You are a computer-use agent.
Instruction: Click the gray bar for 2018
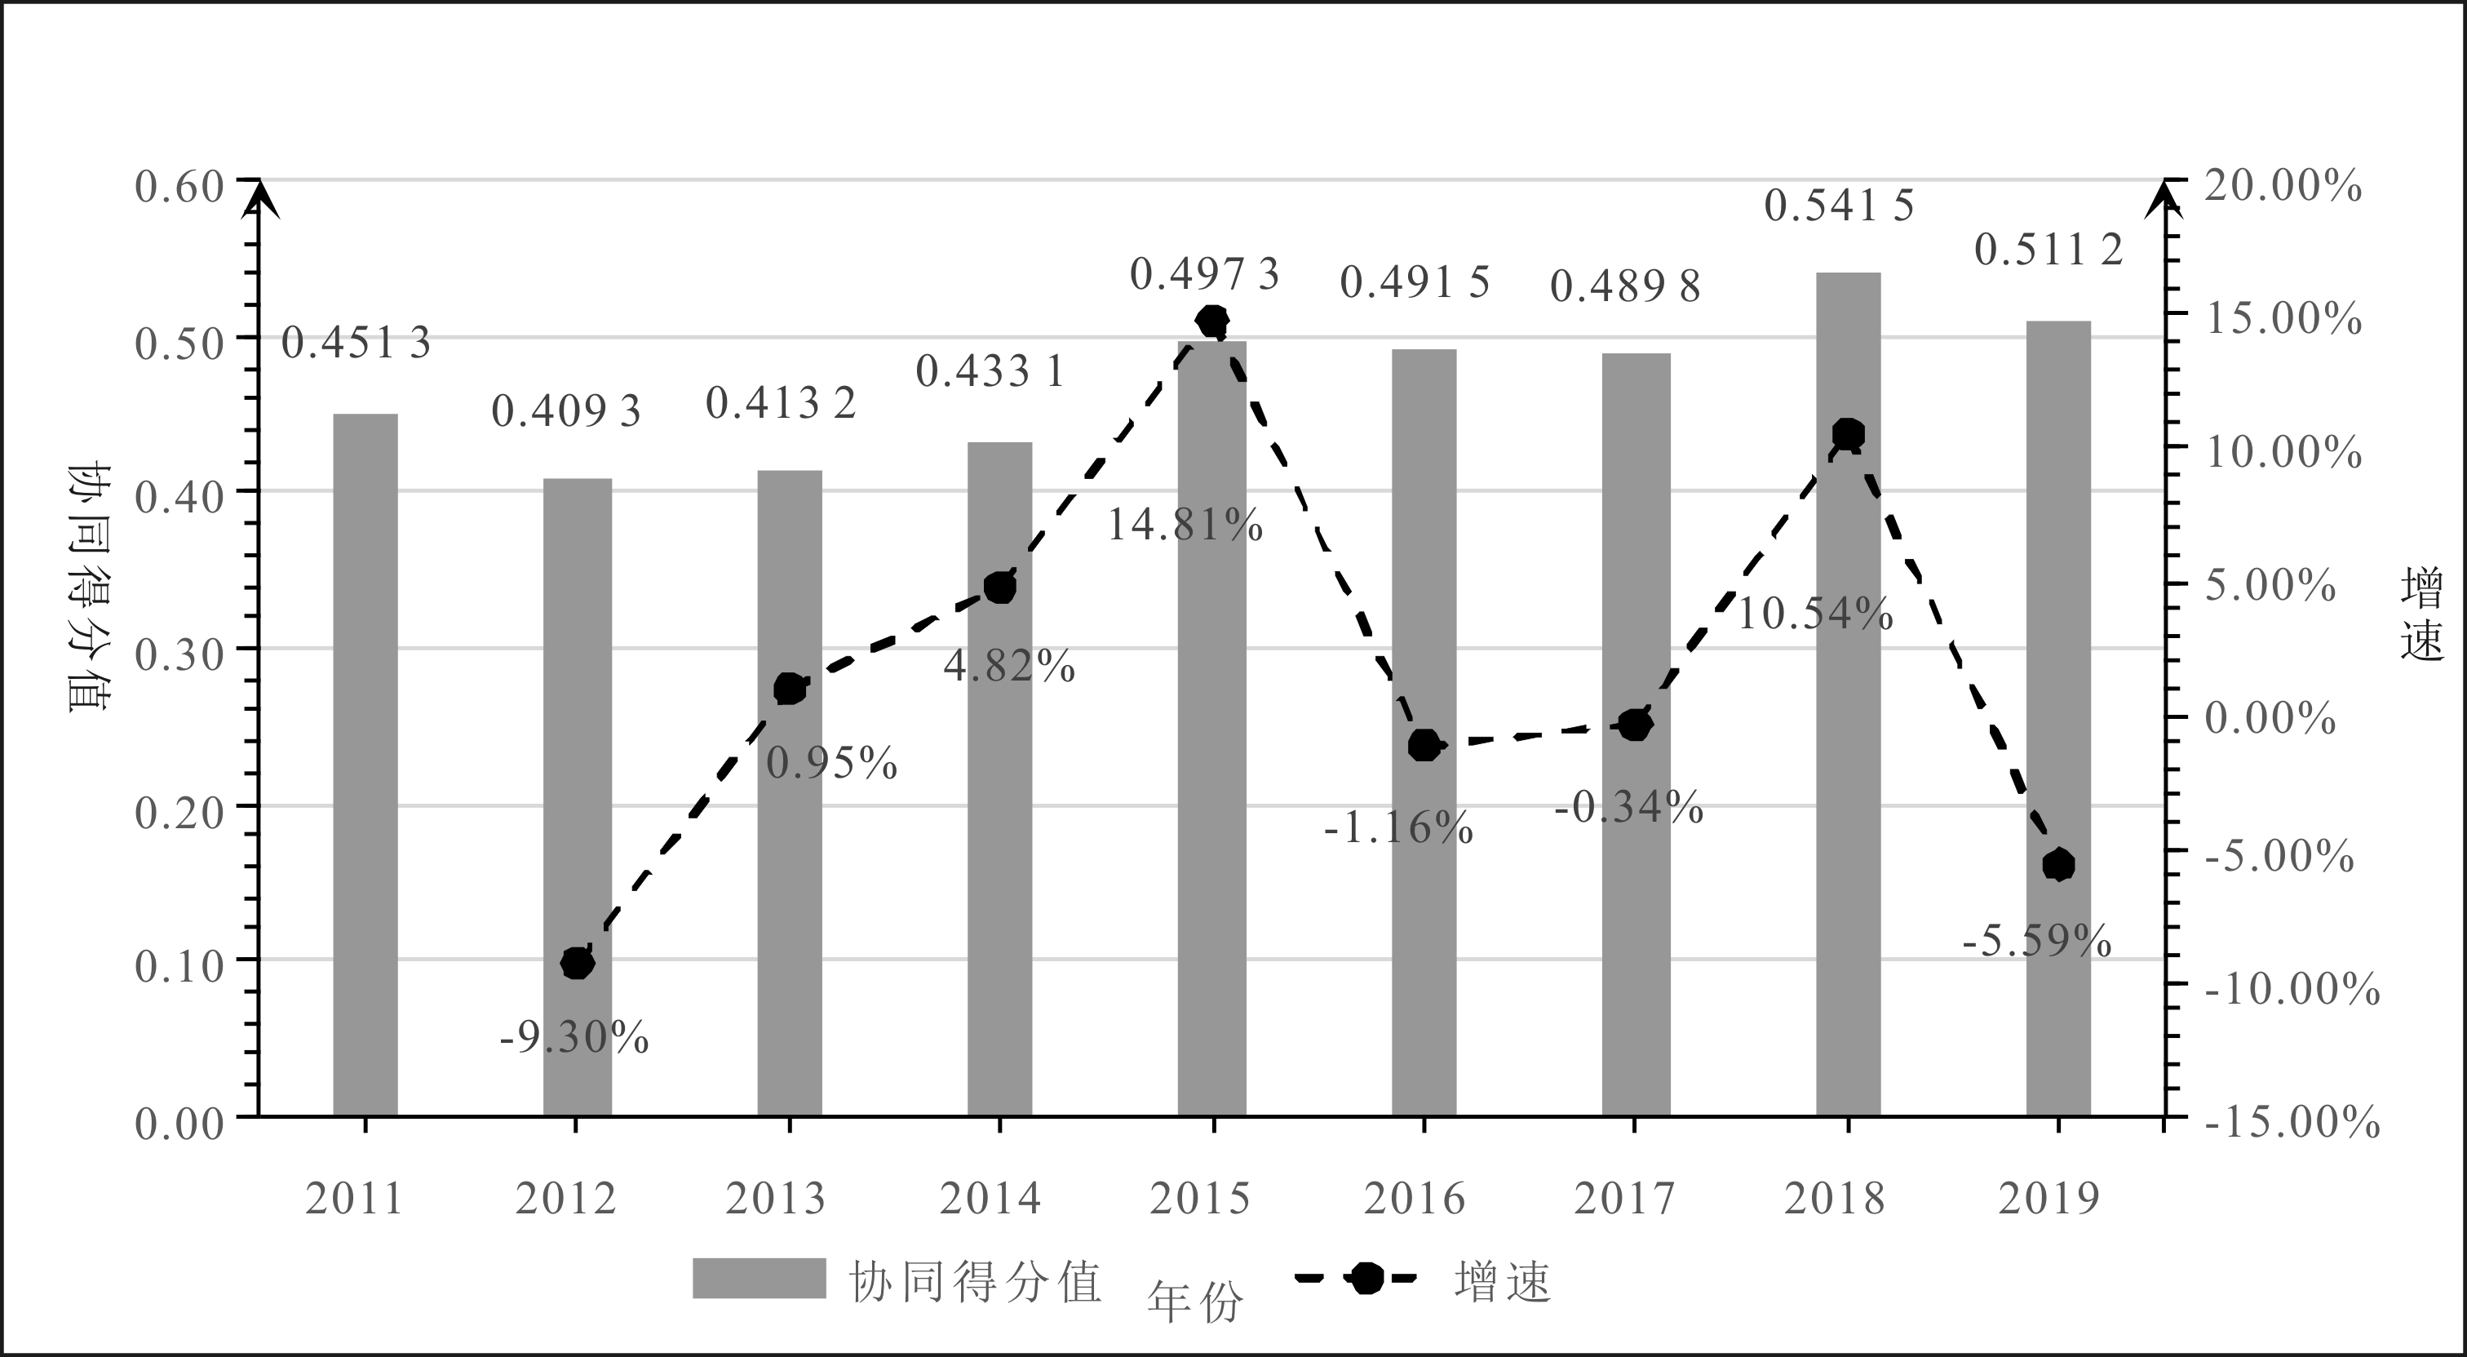tap(1847, 694)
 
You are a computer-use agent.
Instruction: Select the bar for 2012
tap(577, 796)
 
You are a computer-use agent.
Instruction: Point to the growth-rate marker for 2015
tap(1212, 321)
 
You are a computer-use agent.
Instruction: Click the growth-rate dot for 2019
tap(2058, 866)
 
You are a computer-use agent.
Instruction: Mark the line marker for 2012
tap(577, 964)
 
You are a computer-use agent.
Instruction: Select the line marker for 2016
tap(1424, 745)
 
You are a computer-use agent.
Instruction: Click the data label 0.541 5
tap(1838, 206)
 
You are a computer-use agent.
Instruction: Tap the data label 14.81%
tap(1185, 526)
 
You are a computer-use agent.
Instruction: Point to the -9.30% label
tap(574, 1038)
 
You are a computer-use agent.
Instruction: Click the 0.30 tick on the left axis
tap(179, 655)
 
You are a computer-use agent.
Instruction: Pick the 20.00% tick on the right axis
tap(2282, 186)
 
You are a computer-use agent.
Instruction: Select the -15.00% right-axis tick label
tap(2292, 1121)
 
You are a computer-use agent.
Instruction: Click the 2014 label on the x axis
tap(990, 1199)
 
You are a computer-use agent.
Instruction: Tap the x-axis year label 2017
tap(1624, 1199)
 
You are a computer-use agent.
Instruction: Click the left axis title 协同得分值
tap(89, 588)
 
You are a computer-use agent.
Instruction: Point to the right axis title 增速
tap(2422, 613)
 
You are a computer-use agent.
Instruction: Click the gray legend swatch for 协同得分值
tap(759, 1279)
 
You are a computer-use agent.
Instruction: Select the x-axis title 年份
tap(1195, 1302)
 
